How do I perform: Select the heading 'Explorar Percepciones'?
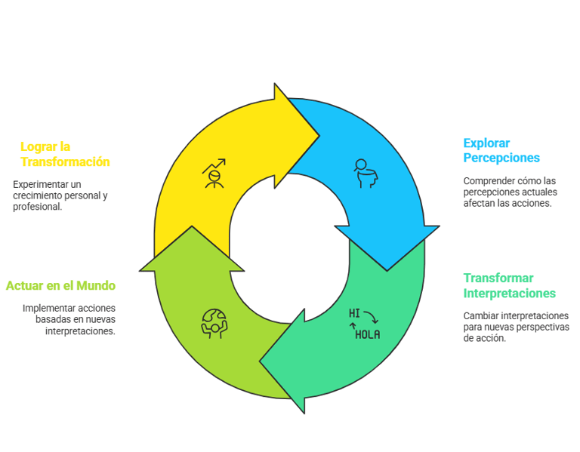click(x=501, y=150)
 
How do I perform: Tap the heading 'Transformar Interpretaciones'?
click(x=509, y=285)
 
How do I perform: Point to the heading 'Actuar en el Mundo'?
click(x=60, y=286)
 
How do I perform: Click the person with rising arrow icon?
click(x=214, y=173)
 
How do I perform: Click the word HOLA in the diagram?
click(x=368, y=334)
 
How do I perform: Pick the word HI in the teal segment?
click(x=354, y=312)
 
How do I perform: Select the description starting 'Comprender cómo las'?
click(x=510, y=192)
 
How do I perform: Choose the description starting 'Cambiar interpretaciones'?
click(x=516, y=327)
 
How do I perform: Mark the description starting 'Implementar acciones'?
click(x=69, y=319)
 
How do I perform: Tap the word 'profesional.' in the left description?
click(x=38, y=206)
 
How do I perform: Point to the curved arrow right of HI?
click(x=371, y=317)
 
